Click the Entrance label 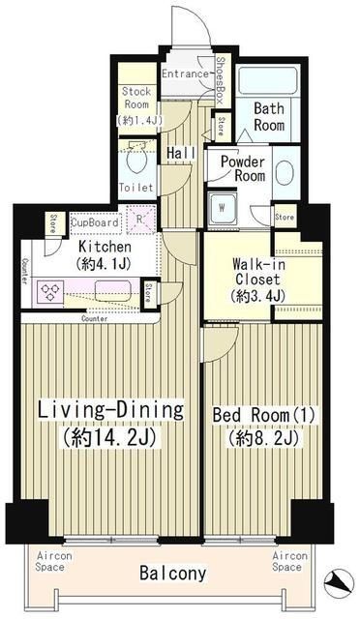pyautogui.click(x=185, y=74)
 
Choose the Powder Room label pyautogui.click(x=242, y=169)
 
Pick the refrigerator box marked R pyautogui.click(x=141, y=221)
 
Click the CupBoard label pyautogui.click(x=96, y=222)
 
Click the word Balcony pyautogui.click(x=172, y=574)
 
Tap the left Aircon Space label pyautogui.click(x=50, y=562)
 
